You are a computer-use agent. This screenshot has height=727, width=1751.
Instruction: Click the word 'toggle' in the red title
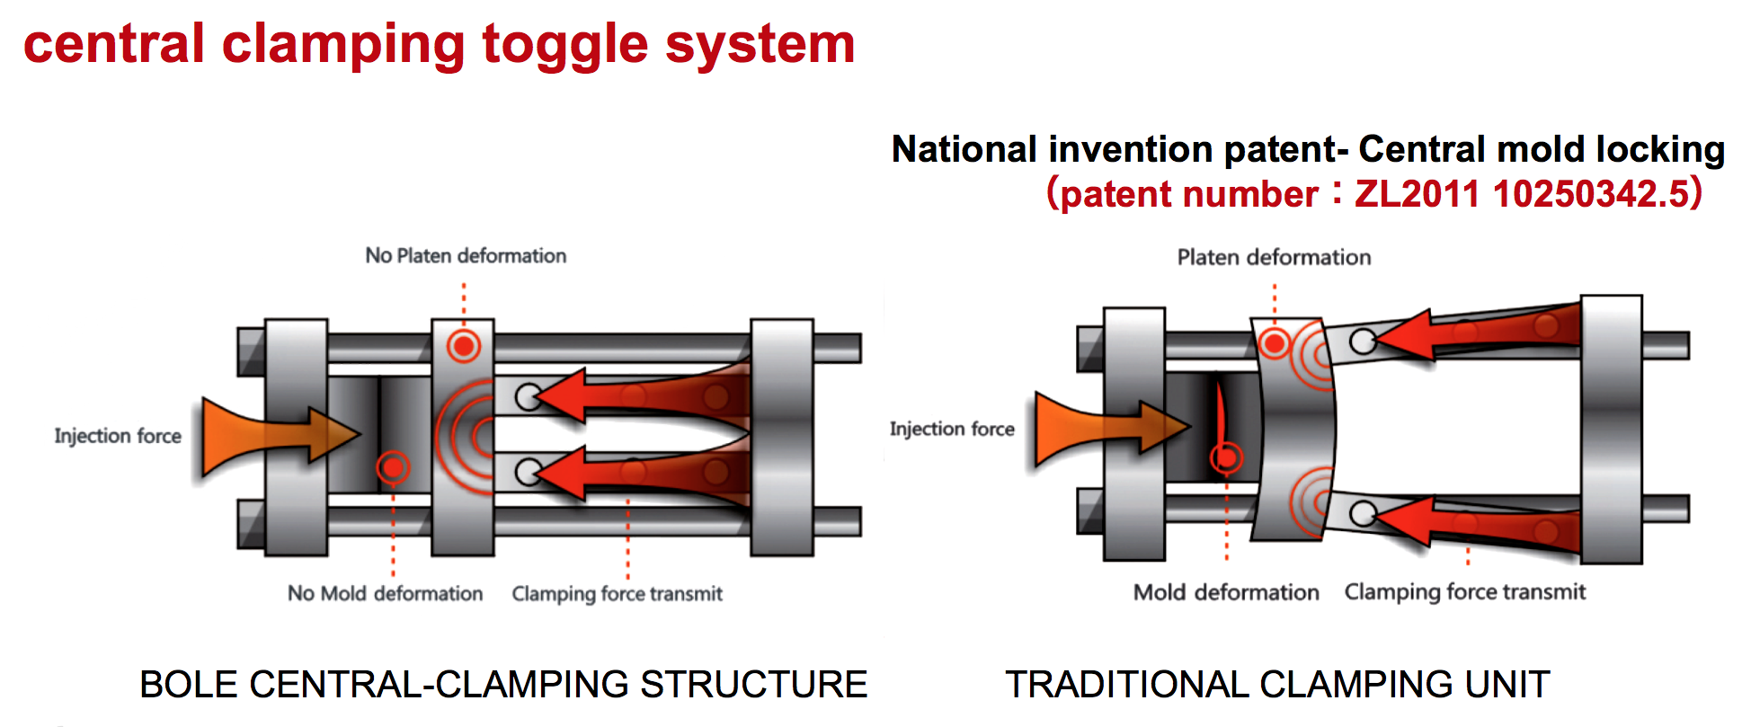pos(564,45)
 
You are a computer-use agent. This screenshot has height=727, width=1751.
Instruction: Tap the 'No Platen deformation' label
pos(466,256)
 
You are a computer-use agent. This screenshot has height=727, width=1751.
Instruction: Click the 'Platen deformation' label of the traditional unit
pos(1274,258)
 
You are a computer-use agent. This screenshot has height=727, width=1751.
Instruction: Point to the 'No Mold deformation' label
pos(385,594)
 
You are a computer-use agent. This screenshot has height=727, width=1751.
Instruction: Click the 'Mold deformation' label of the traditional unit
pos(1226,592)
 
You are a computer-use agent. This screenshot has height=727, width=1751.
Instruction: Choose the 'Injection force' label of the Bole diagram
pos(118,436)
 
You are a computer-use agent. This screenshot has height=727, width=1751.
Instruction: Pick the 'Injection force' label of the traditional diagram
pos(952,430)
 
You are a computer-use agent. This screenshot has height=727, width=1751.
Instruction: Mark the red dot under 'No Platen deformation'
pos(464,345)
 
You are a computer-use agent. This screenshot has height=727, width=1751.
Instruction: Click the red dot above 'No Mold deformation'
pos(393,467)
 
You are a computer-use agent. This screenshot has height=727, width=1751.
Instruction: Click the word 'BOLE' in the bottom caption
pos(188,685)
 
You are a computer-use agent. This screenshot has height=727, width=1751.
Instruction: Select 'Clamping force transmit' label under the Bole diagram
pos(617,594)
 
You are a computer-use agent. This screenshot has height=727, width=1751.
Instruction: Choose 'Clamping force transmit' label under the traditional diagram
pos(1464,592)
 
